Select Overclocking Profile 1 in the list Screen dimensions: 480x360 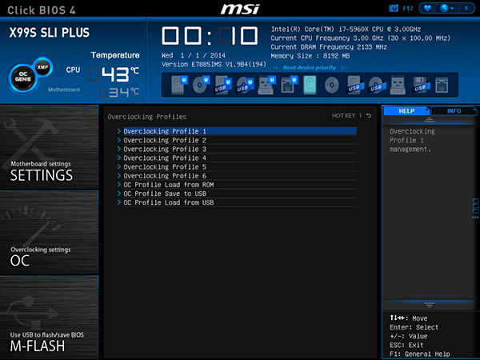(x=165, y=131)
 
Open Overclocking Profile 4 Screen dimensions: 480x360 (x=165, y=158)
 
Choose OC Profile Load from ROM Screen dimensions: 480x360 (x=168, y=185)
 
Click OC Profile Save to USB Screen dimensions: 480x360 (x=165, y=194)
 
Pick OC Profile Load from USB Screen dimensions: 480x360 (x=168, y=202)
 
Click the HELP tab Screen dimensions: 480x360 (x=406, y=111)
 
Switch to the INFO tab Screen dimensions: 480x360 (x=454, y=111)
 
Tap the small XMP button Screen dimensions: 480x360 (x=42, y=66)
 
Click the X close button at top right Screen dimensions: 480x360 (x=466, y=8)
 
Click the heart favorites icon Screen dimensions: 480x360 (x=427, y=8)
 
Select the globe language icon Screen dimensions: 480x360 (x=444, y=8)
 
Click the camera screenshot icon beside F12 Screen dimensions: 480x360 (x=393, y=8)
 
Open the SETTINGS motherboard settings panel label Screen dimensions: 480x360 (x=42, y=175)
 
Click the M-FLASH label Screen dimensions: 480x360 (x=38, y=346)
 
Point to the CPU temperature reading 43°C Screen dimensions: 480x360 (x=120, y=74)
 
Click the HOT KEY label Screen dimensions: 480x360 (x=343, y=116)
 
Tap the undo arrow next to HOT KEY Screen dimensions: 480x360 (x=369, y=115)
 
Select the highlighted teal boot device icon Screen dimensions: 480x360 (x=310, y=85)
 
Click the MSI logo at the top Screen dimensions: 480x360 (x=240, y=9)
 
